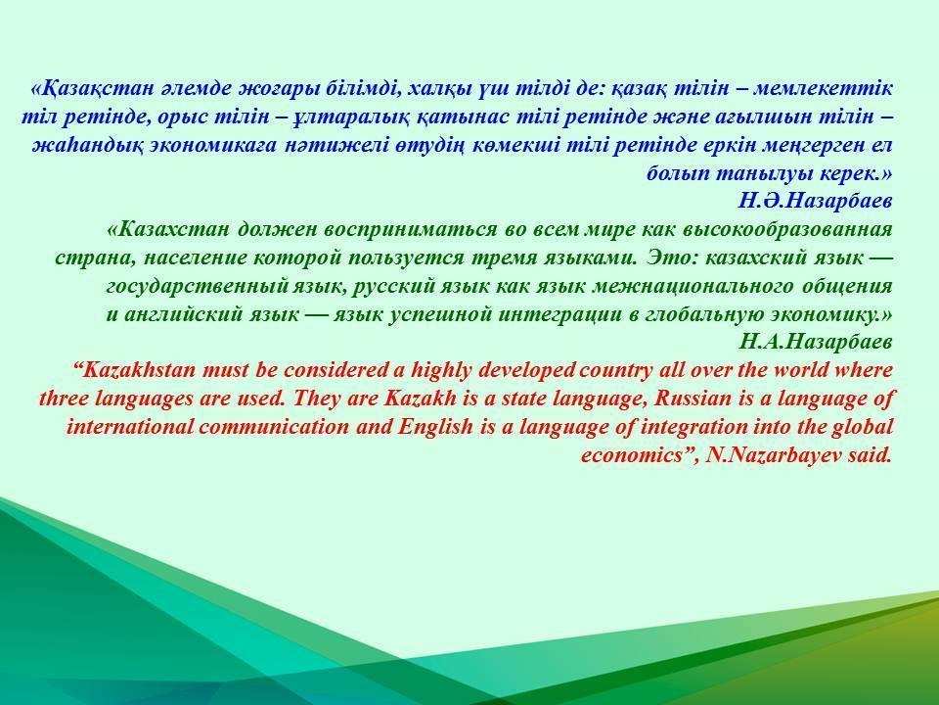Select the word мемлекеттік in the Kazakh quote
823,89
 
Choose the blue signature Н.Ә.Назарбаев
816,201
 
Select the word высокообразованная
787,229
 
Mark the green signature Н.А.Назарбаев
816,343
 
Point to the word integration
694,428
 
